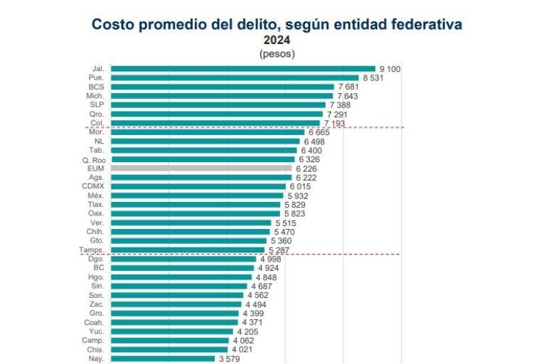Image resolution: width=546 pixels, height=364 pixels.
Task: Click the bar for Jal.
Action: (x=242, y=69)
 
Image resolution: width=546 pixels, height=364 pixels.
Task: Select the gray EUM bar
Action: (x=201, y=168)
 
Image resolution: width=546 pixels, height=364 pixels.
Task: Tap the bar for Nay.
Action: (x=163, y=358)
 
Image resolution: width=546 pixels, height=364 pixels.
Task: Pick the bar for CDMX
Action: (x=198, y=186)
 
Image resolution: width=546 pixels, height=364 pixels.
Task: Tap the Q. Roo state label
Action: (x=93, y=159)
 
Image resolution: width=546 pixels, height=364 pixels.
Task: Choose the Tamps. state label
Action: (x=92, y=250)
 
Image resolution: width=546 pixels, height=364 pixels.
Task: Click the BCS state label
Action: (x=96, y=87)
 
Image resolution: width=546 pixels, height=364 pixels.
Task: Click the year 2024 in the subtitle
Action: (x=277, y=41)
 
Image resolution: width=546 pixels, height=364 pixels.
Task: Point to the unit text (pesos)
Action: (x=277, y=53)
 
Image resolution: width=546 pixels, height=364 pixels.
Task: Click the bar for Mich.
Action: (x=222, y=96)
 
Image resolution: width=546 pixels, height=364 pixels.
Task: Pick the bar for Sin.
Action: (x=179, y=286)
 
